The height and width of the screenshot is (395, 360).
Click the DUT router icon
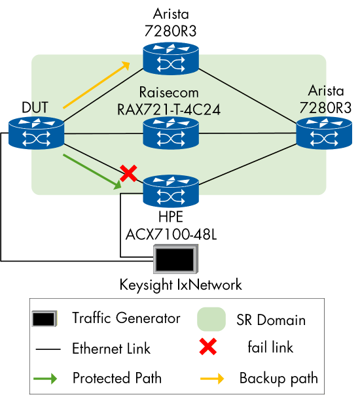37,133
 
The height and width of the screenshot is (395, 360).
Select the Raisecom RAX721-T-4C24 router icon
171,133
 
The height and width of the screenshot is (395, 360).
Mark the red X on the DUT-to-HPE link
128,173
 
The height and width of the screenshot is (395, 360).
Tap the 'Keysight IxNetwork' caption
181,285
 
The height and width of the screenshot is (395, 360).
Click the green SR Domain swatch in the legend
211,320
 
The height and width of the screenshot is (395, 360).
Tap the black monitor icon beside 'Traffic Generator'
44,320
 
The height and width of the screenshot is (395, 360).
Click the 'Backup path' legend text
278,378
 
